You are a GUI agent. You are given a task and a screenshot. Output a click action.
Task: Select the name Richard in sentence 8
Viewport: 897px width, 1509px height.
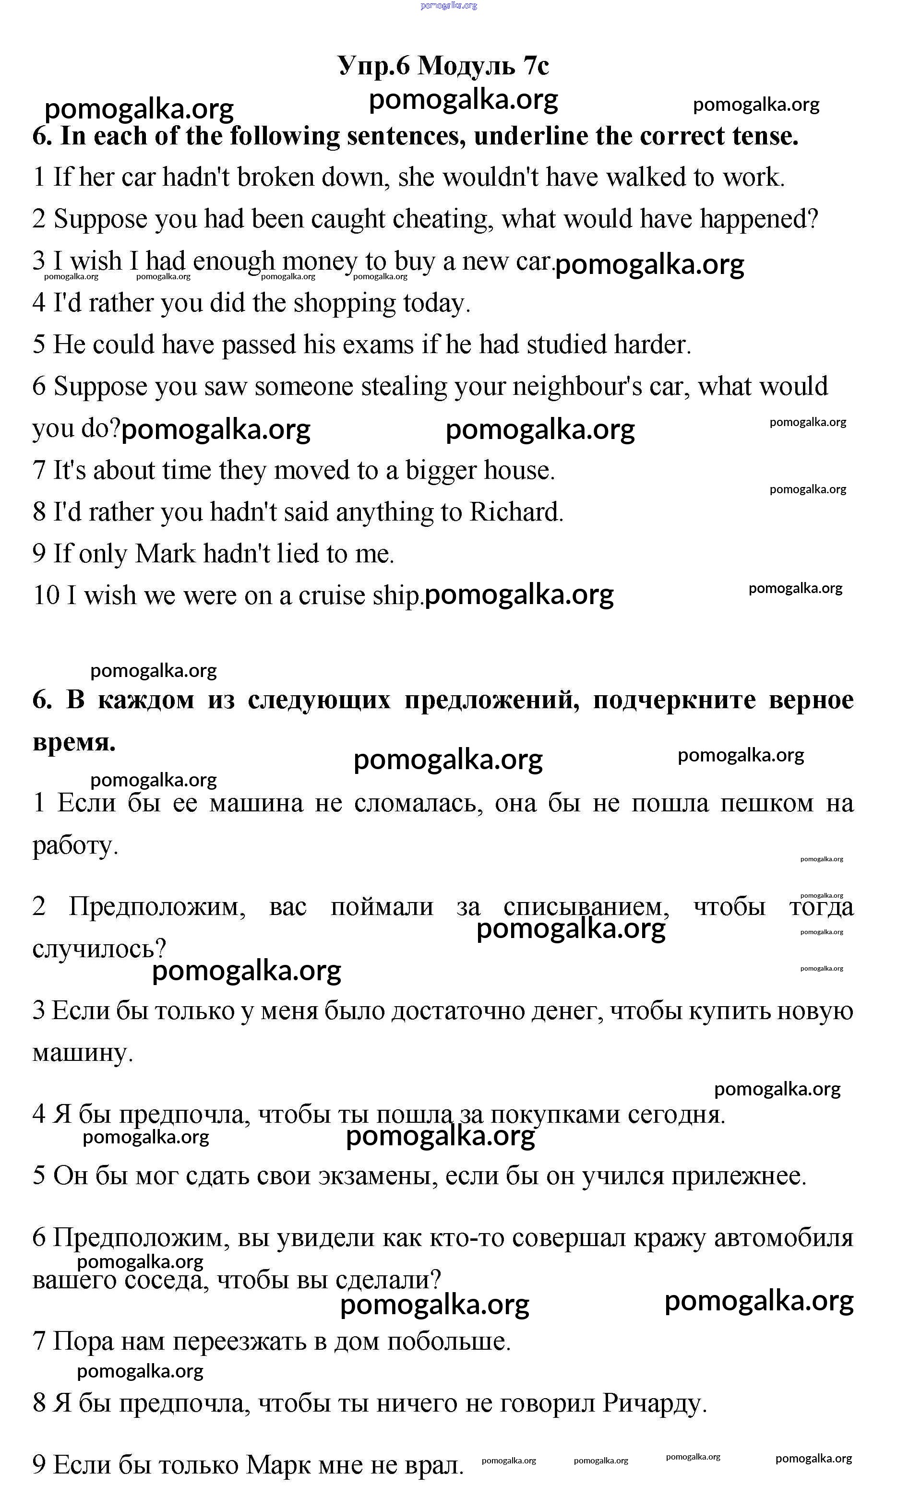515,512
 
